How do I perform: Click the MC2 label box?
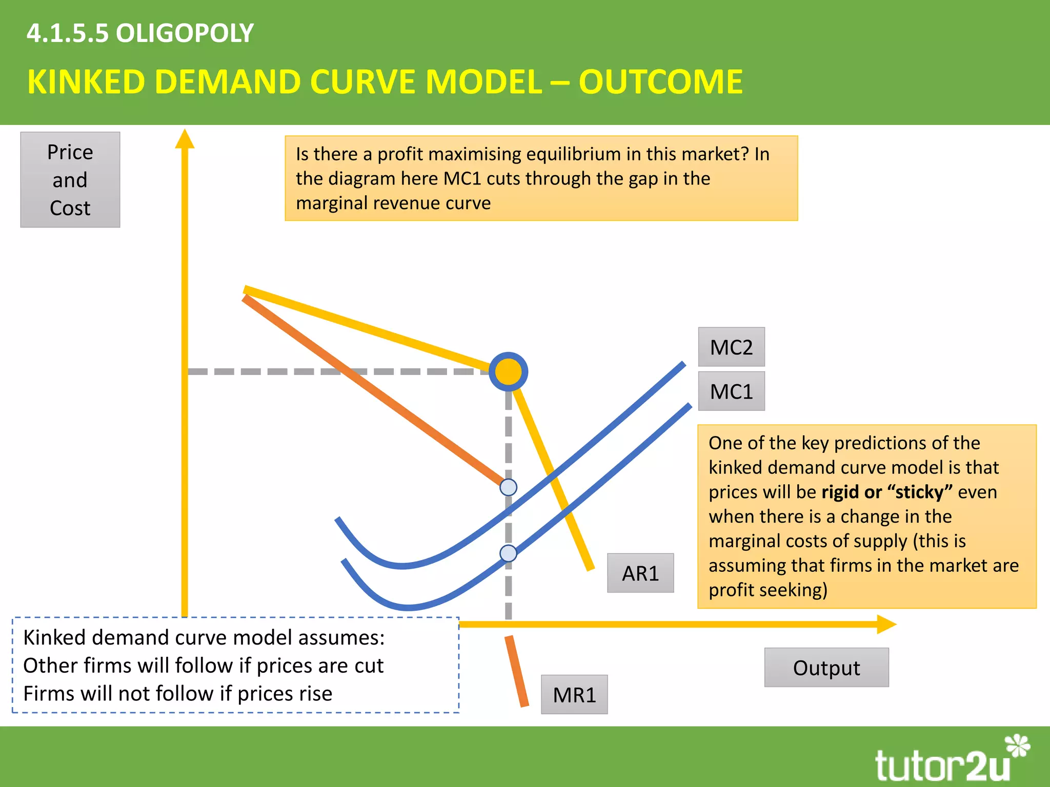click(731, 347)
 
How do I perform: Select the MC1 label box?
click(731, 391)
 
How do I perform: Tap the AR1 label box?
click(640, 573)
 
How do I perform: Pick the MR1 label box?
click(574, 695)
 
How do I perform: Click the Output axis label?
click(826, 668)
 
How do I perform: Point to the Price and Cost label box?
click(70, 180)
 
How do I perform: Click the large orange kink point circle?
click(508, 371)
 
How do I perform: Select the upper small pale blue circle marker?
click(508, 487)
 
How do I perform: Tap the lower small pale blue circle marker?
click(508, 553)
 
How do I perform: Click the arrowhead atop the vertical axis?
click(185, 139)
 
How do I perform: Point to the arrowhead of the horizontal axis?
click(885, 624)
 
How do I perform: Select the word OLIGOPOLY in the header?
click(185, 33)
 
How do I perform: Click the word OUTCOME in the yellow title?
click(660, 82)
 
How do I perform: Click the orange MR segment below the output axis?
click(517, 671)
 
